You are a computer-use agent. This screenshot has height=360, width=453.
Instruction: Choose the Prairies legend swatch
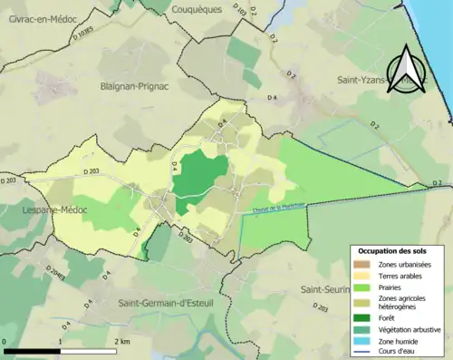362,286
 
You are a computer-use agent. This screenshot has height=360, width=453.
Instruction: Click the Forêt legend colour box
362,317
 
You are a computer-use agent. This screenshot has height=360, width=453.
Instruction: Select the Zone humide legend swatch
362,341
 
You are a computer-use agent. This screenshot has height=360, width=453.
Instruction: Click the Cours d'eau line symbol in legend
362,352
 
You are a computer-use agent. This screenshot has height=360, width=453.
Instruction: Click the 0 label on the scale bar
5,341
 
